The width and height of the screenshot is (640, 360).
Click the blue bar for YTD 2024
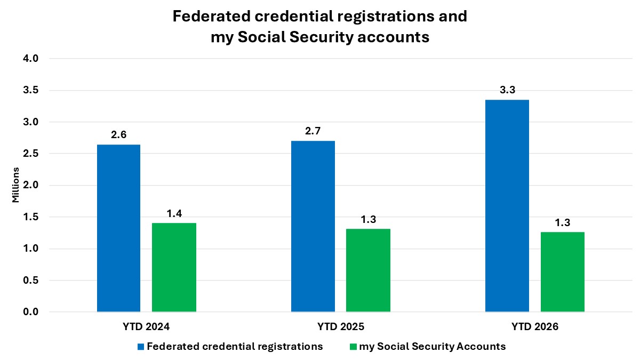[118, 228]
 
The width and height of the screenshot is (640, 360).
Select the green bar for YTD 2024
[174, 267]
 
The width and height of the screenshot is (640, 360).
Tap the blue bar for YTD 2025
[313, 226]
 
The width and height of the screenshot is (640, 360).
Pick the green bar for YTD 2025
[368, 270]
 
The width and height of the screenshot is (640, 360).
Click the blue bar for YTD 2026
[507, 205]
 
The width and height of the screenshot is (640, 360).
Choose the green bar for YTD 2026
[562, 271]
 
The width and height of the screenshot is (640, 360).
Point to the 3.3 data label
[507, 90]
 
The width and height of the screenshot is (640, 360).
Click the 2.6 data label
[118, 135]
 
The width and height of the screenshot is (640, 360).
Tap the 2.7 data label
[313, 131]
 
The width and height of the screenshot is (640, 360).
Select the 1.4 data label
[174, 213]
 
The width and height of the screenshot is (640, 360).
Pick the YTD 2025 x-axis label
[341, 326]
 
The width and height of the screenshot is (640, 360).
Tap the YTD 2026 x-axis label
[535, 326]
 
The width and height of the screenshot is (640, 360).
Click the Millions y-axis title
[15, 185]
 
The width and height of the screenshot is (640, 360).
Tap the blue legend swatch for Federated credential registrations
[141, 347]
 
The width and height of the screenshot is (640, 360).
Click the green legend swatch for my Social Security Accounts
[353, 347]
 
